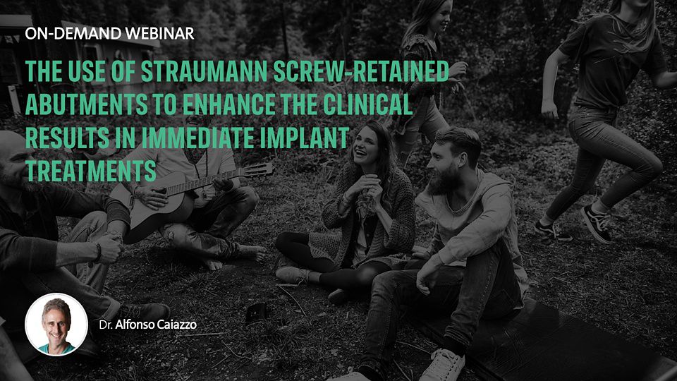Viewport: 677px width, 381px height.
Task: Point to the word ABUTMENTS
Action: [x=86, y=104]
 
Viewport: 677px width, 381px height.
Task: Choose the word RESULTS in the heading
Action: [x=68, y=138]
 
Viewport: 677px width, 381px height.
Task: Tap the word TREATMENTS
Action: [x=91, y=171]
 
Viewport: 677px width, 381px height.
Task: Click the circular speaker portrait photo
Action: [x=56, y=325]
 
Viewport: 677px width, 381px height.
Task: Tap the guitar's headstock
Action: [x=258, y=170]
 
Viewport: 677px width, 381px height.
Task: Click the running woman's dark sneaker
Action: [x=596, y=224]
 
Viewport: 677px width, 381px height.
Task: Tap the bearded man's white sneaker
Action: [x=443, y=365]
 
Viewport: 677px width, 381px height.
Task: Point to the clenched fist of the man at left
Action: [x=109, y=248]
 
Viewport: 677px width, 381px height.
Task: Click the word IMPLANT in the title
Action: [x=303, y=138]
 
